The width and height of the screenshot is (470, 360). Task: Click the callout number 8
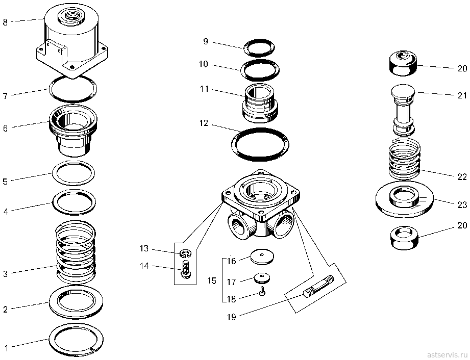(5, 22)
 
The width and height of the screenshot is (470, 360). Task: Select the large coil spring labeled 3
(76, 252)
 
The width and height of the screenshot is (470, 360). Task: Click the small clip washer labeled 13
(186, 253)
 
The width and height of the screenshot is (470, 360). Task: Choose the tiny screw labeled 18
(262, 291)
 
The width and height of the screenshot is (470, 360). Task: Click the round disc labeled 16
(262, 256)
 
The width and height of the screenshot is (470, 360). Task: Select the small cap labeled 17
(262, 277)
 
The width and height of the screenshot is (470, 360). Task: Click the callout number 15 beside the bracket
(212, 281)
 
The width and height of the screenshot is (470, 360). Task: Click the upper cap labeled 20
(404, 63)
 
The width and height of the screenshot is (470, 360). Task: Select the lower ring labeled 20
(405, 238)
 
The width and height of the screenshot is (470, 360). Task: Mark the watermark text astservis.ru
(447, 353)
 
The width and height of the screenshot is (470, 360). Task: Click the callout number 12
(204, 123)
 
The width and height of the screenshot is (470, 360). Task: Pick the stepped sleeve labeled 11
(260, 103)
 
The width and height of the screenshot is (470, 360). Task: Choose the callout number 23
(462, 204)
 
